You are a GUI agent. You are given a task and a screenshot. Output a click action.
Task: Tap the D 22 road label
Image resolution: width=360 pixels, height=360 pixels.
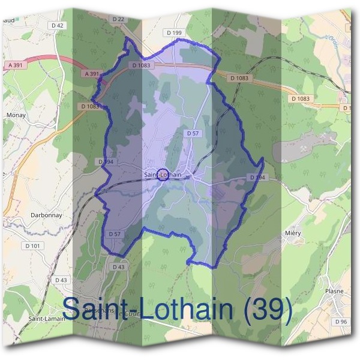coord(118,19)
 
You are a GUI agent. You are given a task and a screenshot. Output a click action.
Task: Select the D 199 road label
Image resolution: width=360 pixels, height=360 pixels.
coord(174,32)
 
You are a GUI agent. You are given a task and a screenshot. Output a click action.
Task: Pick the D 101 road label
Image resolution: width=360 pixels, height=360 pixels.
coord(33,245)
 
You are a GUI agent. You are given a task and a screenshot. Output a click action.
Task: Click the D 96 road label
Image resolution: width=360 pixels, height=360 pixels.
coord(340,322)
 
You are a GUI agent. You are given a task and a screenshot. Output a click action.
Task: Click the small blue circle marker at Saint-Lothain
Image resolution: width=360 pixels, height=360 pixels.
coord(161,175)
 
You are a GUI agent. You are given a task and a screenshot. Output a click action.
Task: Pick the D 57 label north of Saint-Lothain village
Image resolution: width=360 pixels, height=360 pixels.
coord(193,133)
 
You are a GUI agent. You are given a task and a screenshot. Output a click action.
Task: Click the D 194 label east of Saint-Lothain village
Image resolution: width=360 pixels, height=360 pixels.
coord(257,178)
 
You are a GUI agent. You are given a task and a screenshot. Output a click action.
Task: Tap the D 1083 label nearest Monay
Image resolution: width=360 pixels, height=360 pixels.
coord(89,106)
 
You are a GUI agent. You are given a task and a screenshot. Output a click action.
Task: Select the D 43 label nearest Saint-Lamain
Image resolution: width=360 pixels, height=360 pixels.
coord(61,280)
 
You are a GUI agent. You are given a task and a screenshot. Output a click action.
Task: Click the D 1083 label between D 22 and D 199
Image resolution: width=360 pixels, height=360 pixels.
coord(142,65)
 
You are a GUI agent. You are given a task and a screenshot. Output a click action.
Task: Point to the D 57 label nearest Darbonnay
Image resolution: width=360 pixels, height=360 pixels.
coord(115,233)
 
